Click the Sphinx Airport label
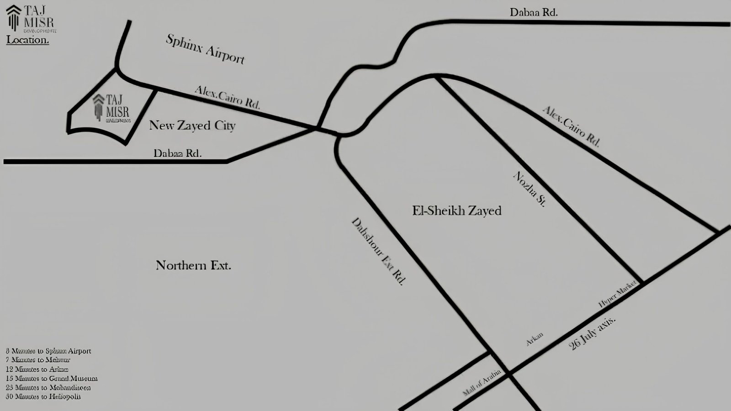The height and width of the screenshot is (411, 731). click(x=205, y=49)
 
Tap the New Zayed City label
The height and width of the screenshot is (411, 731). click(x=192, y=125)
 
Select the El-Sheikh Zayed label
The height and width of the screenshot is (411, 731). click(x=456, y=211)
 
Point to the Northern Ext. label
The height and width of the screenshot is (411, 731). click(x=193, y=265)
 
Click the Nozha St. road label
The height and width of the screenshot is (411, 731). click(x=529, y=189)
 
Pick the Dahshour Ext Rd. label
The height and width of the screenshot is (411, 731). click(x=378, y=251)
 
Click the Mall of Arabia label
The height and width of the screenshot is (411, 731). click(x=482, y=383)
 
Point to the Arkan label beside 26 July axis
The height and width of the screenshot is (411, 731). click(x=535, y=339)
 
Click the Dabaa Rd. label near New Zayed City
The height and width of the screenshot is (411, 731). click(x=177, y=153)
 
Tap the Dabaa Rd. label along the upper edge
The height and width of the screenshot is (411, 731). click(x=534, y=12)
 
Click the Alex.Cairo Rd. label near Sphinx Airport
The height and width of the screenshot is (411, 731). click(x=227, y=97)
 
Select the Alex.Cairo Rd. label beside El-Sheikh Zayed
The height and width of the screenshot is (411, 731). click(x=571, y=126)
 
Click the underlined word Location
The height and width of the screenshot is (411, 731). click(x=27, y=40)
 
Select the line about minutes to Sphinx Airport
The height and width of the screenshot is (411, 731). click(x=48, y=351)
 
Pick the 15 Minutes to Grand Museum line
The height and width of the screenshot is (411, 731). click(x=52, y=379)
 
